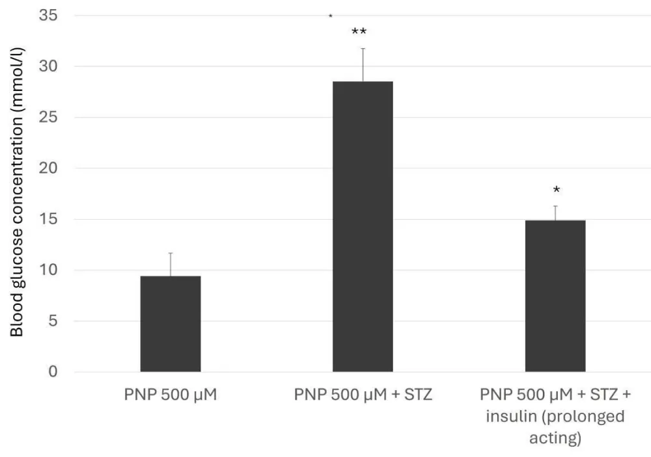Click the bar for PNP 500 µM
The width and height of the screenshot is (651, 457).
tap(171, 324)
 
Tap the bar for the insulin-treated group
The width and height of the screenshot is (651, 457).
tap(555, 296)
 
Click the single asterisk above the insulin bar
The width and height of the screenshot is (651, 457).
tap(557, 190)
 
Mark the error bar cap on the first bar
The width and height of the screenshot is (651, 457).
tap(171, 253)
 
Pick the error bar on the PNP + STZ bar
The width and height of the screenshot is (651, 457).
tap(363, 64)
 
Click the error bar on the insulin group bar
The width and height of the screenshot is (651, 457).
tap(555, 213)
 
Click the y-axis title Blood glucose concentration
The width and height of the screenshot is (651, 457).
tap(17, 195)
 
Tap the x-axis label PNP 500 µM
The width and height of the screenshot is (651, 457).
tap(171, 395)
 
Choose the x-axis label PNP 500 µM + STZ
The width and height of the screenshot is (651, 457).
tap(363, 395)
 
